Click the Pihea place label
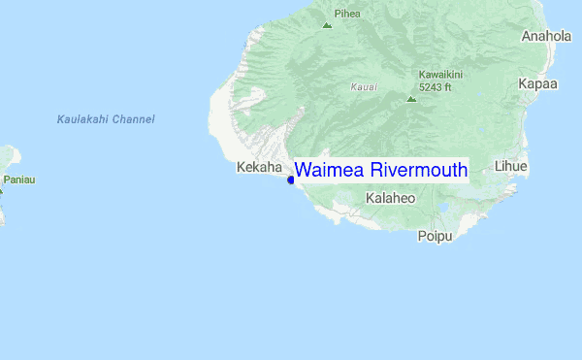346,14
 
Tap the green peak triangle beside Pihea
327,24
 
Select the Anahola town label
547,36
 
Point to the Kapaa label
537,83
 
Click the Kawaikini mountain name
441,75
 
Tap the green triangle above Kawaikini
411,98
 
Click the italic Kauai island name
364,87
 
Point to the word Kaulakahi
82,119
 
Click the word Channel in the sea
133,119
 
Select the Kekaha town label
259,167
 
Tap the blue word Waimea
330,171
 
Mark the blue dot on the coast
291,180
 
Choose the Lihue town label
510,166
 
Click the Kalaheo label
391,198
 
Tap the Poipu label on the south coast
435,236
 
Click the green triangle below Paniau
1,190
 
